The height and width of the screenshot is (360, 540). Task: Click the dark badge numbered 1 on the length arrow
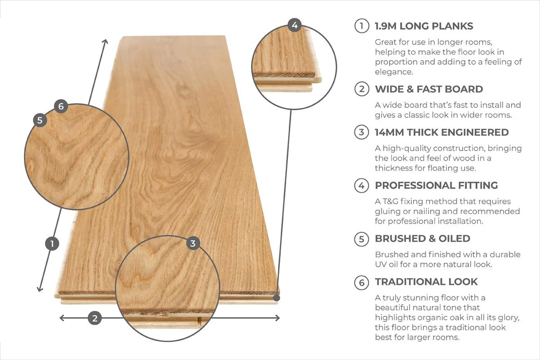click(52, 244)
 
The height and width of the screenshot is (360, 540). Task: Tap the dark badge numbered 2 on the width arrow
click(94, 318)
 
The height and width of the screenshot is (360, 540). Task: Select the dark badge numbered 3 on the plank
click(193, 243)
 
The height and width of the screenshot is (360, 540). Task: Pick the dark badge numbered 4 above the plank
click(294, 25)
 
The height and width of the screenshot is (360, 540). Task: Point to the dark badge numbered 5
click(40, 120)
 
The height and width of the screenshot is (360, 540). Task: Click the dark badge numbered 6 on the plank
click(61, 107)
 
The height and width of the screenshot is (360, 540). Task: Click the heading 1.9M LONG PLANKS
click(424, 26)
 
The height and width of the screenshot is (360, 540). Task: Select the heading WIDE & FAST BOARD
click(429, 89)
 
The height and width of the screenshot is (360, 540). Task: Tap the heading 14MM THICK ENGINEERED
click(441, 132)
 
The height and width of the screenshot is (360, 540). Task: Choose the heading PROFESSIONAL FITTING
click(436, 185)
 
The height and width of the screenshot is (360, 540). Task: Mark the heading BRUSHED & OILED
click(423, 238)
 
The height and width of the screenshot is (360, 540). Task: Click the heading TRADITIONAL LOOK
click(426, 282)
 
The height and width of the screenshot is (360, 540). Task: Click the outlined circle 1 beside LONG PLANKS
click(361, 26)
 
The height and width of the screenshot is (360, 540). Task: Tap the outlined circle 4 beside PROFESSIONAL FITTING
click(361, 185)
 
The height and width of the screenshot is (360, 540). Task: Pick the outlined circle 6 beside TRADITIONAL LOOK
click(361, 282)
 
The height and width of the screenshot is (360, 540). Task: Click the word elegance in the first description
click(394, 72)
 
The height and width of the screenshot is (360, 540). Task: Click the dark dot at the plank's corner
click(276, 297)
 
